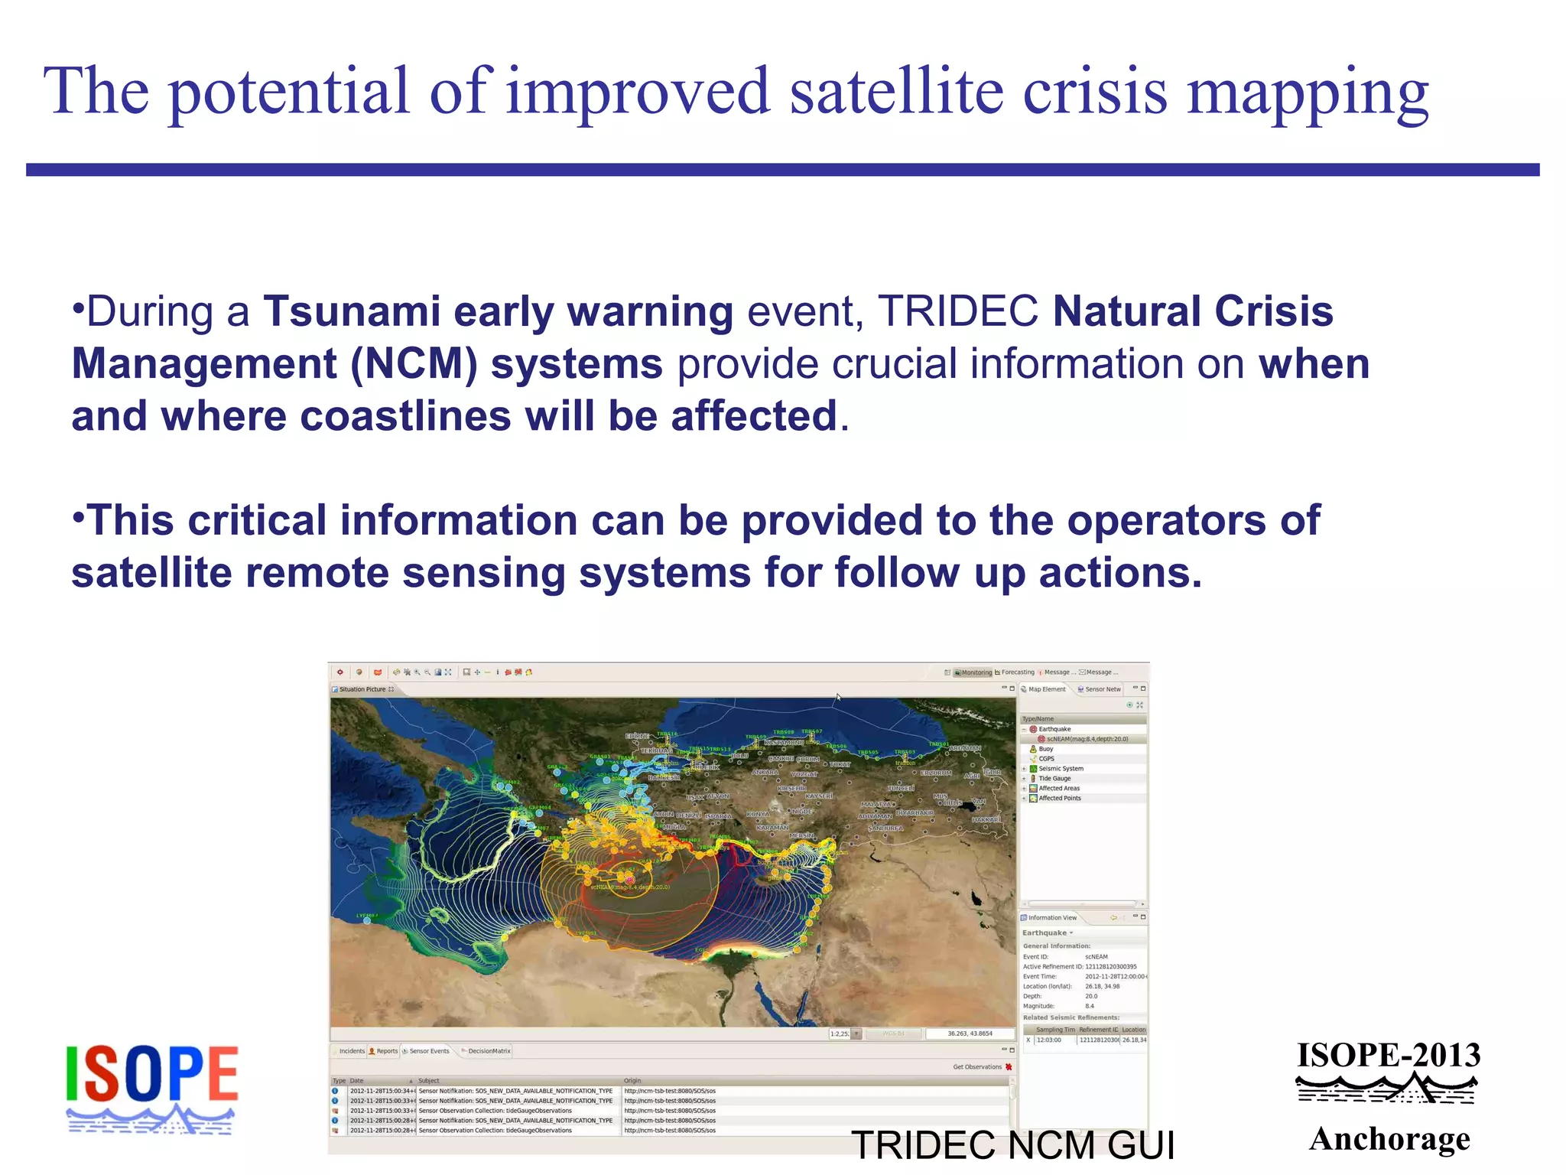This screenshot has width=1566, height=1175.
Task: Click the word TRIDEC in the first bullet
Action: tap(957, 312)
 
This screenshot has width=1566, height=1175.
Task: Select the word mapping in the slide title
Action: tap(1307, 92)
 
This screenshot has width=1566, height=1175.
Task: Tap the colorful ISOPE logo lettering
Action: tap(152, 1074)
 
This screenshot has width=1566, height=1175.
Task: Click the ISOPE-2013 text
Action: tap(1388, 1056)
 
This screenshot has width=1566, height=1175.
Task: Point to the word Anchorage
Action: tap(1389, 1139)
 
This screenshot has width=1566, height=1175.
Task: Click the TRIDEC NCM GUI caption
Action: tap(1012, 1145)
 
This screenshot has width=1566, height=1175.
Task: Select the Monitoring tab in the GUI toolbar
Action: tap(976, 672)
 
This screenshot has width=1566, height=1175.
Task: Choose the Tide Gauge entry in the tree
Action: tap(1054, 778)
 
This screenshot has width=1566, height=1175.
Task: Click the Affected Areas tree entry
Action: tap(1059, 788)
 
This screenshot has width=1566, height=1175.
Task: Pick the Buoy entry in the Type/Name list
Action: tap(1046, 749)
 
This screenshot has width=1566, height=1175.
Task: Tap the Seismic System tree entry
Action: tap(1061, 768)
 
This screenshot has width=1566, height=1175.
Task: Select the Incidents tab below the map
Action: tap(352, 1051)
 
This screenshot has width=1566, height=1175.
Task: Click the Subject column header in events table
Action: tap(429, 1081)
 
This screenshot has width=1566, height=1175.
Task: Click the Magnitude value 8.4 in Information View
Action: tap(1090, 1006)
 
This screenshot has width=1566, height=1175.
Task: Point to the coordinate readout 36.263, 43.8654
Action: tap(970, 1033)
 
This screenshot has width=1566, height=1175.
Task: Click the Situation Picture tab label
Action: tap(362, 689)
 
